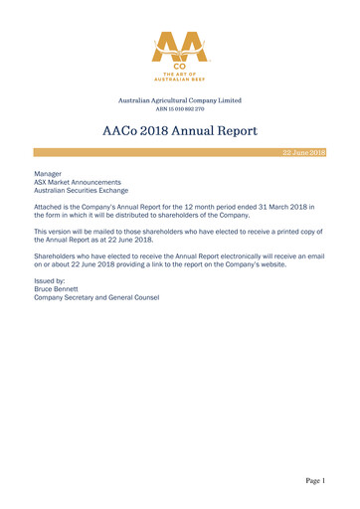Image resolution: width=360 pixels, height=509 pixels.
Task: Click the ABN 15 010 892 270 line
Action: pyautogui.click(x=180, y=108)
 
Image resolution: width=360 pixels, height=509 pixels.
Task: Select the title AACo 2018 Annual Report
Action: pyautogui.click(x=180, y=130)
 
